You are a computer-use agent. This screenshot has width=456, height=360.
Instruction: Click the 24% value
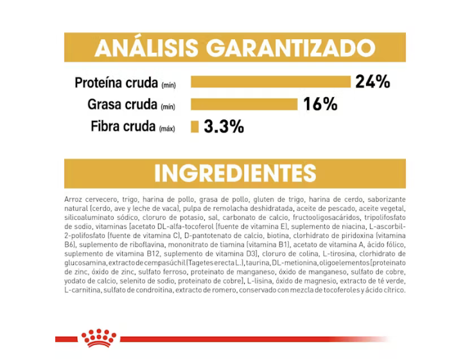(x=373, y=82)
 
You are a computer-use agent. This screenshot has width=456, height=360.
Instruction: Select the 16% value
(x=320, y=104)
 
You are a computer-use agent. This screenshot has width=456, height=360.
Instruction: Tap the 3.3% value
(x=224, y=127)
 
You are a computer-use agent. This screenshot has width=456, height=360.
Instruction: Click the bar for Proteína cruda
(x=270, y=82)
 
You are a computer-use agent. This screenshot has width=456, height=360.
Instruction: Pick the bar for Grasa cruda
(x=244, y=104)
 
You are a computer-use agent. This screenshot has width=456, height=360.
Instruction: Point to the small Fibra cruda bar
(x=195, y=127)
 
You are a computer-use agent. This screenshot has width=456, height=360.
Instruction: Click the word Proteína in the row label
(x=100, y=83)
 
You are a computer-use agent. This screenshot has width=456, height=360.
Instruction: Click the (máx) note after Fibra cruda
(x=167, y=128)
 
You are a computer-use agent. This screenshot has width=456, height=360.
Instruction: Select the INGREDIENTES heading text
(x=235, y=174)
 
